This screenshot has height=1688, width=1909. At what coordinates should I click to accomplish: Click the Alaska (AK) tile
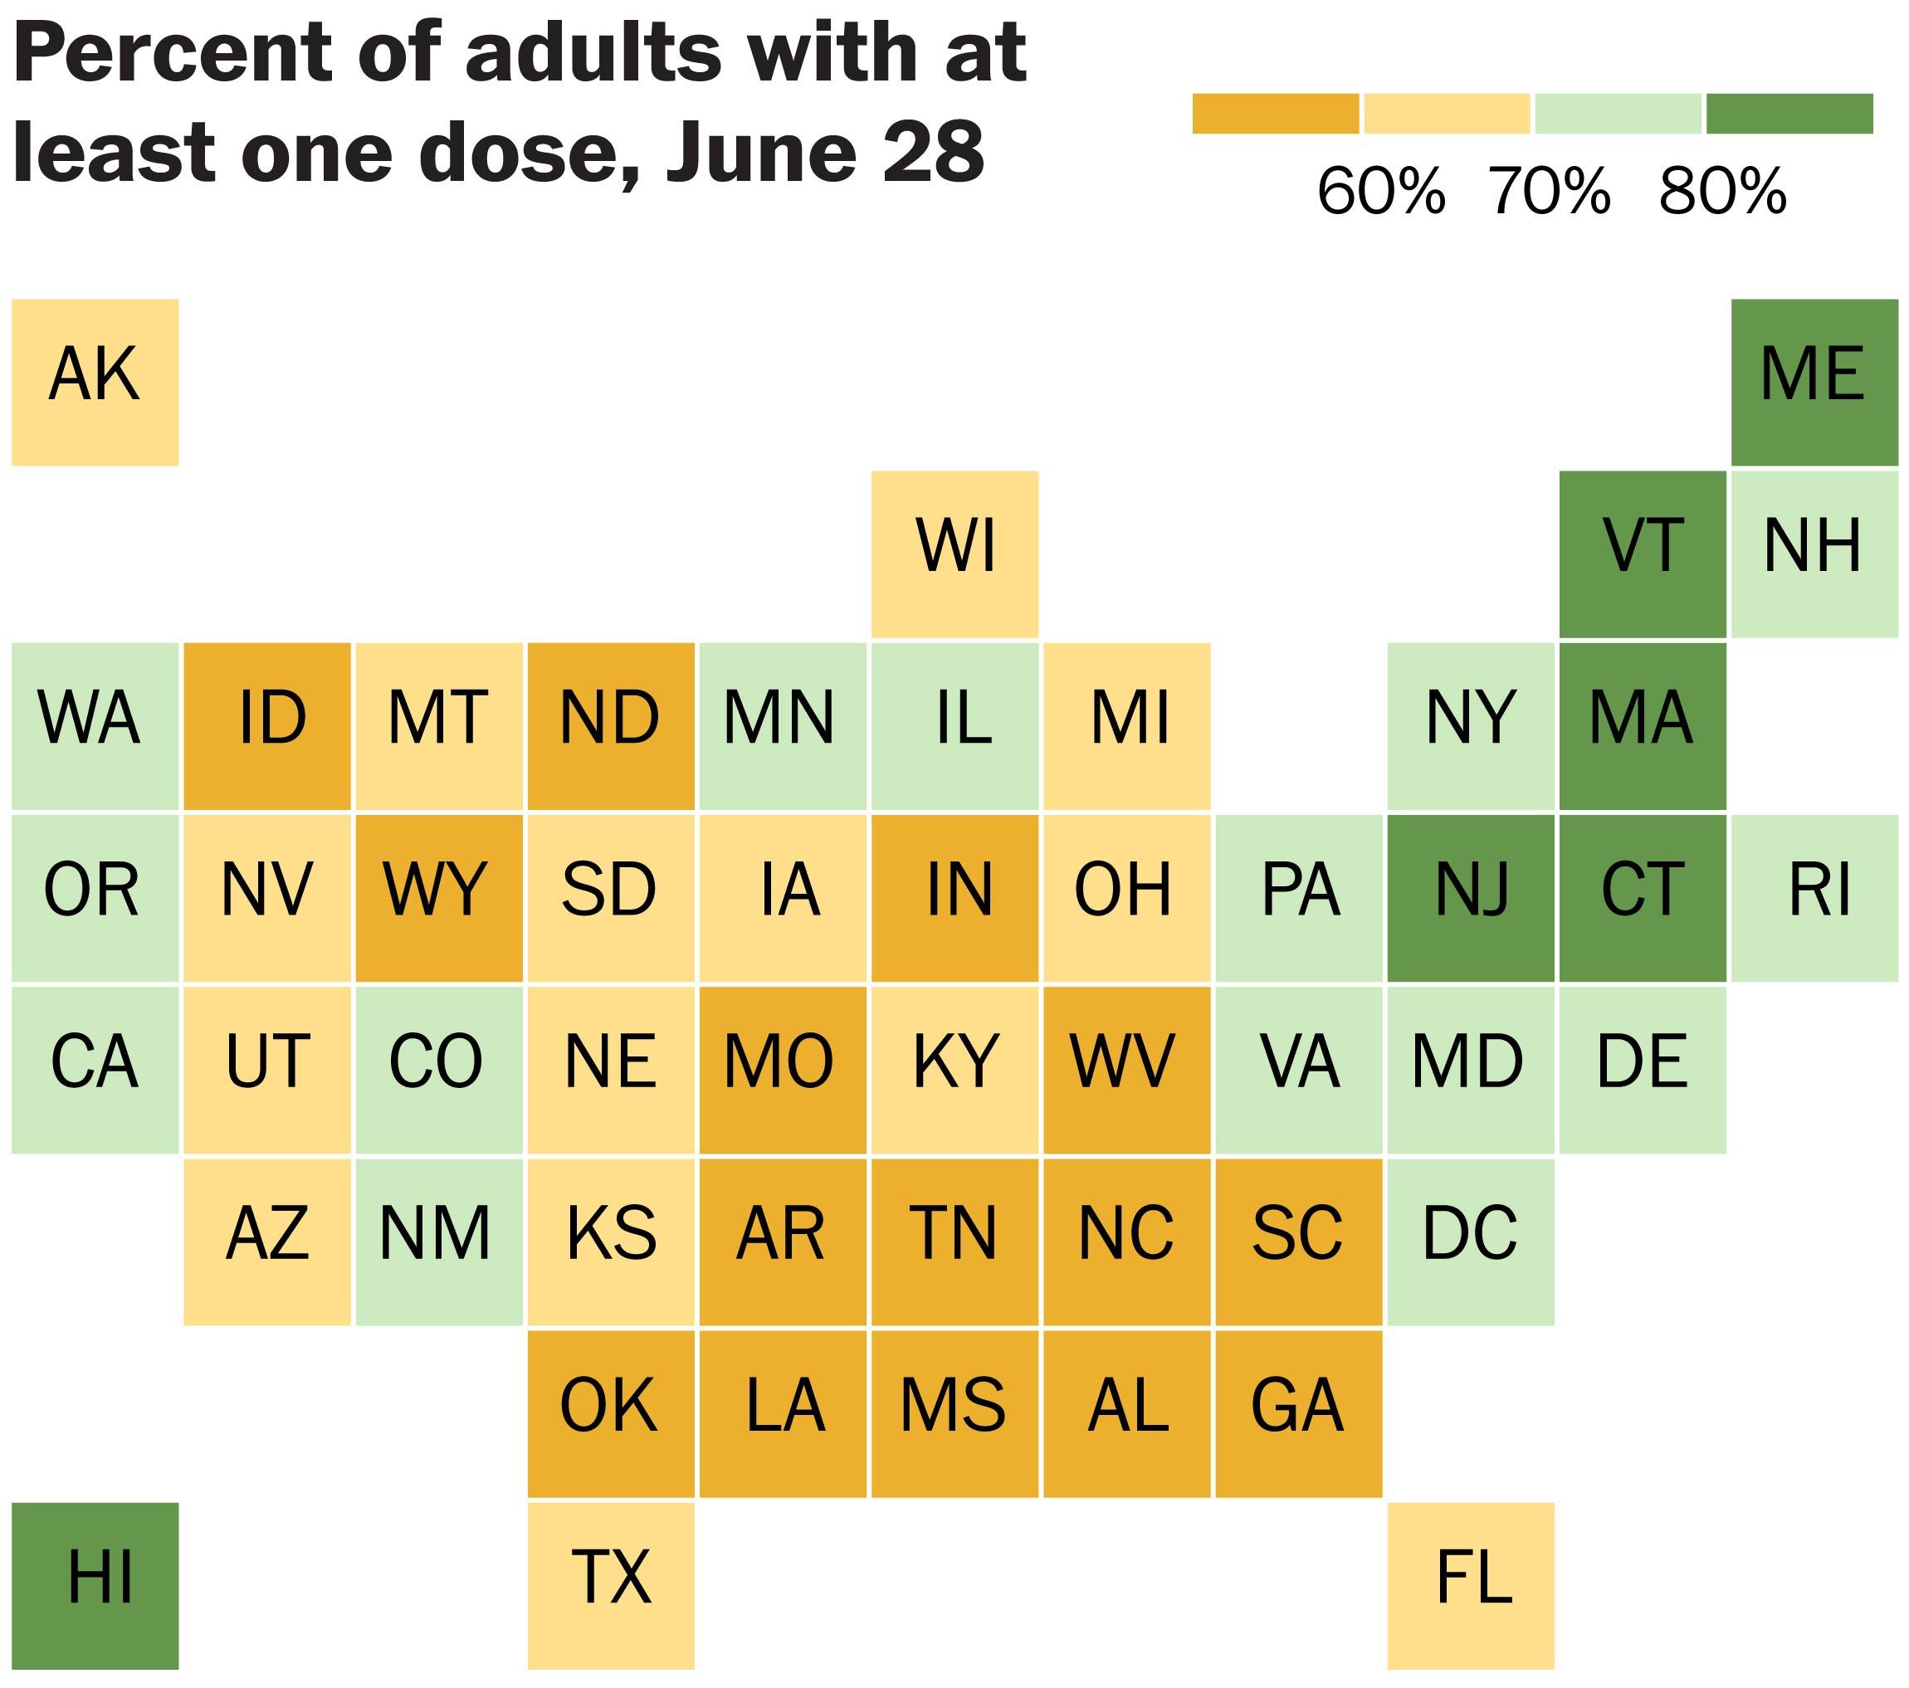click(x=95, y=382)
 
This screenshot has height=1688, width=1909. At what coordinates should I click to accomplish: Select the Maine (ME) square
click(x=1814, y=382)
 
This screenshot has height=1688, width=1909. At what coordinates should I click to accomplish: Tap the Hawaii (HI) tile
click(x=95, y=1585)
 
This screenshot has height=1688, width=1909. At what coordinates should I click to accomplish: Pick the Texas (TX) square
click(x=611, y=1585)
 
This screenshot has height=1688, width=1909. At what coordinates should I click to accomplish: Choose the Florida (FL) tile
click(x=1470, y=1585)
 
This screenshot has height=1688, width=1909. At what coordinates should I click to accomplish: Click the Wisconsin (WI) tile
click(x=954, y=554)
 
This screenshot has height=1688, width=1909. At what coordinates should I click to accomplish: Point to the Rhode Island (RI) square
click(x=1814, y=897)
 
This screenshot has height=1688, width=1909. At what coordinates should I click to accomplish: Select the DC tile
click(x=1470, y=1241)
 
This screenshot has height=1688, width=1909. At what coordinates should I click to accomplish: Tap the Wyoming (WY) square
click(x=438, y=897)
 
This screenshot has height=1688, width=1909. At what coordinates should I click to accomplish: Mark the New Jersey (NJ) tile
click(x=1470, y=897)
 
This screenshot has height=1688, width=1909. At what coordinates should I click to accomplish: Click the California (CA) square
click(x=95, y=1069)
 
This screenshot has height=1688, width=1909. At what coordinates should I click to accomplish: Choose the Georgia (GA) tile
click(x=1298, y=1413)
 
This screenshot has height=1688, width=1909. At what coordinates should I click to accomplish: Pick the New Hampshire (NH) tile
click(x=1814, y=554)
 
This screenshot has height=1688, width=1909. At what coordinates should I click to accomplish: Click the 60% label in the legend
click(x=1380, y=193)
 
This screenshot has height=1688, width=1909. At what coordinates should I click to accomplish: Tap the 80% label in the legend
click(x=1722, y=193)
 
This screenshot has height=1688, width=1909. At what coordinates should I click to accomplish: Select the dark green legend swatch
click(x=1789, y=114)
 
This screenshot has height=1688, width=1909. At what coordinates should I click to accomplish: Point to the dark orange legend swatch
click(x=1275, y=114)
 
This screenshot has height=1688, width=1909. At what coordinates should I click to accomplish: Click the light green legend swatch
click(x=1618, y=114)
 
